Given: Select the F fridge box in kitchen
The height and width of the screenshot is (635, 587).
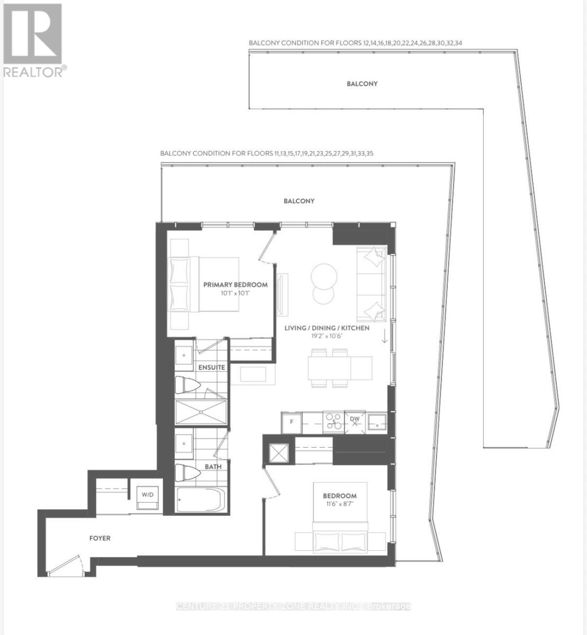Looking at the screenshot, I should click(291, 422).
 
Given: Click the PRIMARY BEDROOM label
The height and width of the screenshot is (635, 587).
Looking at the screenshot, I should click(236, 285).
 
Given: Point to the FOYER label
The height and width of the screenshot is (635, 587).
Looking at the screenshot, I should click(100, 538).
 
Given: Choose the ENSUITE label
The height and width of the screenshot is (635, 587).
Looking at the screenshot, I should click(212, 367).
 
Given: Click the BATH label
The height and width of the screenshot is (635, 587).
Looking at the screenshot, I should click(213, 467).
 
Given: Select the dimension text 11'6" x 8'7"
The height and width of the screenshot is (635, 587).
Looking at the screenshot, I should click(339, 504).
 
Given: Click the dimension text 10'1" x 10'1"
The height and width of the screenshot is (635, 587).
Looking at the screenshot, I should click(236, 293).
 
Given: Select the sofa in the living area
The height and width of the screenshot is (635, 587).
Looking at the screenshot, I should click(372, 284).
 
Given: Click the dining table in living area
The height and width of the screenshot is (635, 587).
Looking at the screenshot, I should click(340, 367).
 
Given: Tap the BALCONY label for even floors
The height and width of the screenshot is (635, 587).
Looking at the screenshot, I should click(362, 84).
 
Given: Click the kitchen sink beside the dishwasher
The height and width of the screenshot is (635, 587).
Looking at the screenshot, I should click(377, 422).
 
